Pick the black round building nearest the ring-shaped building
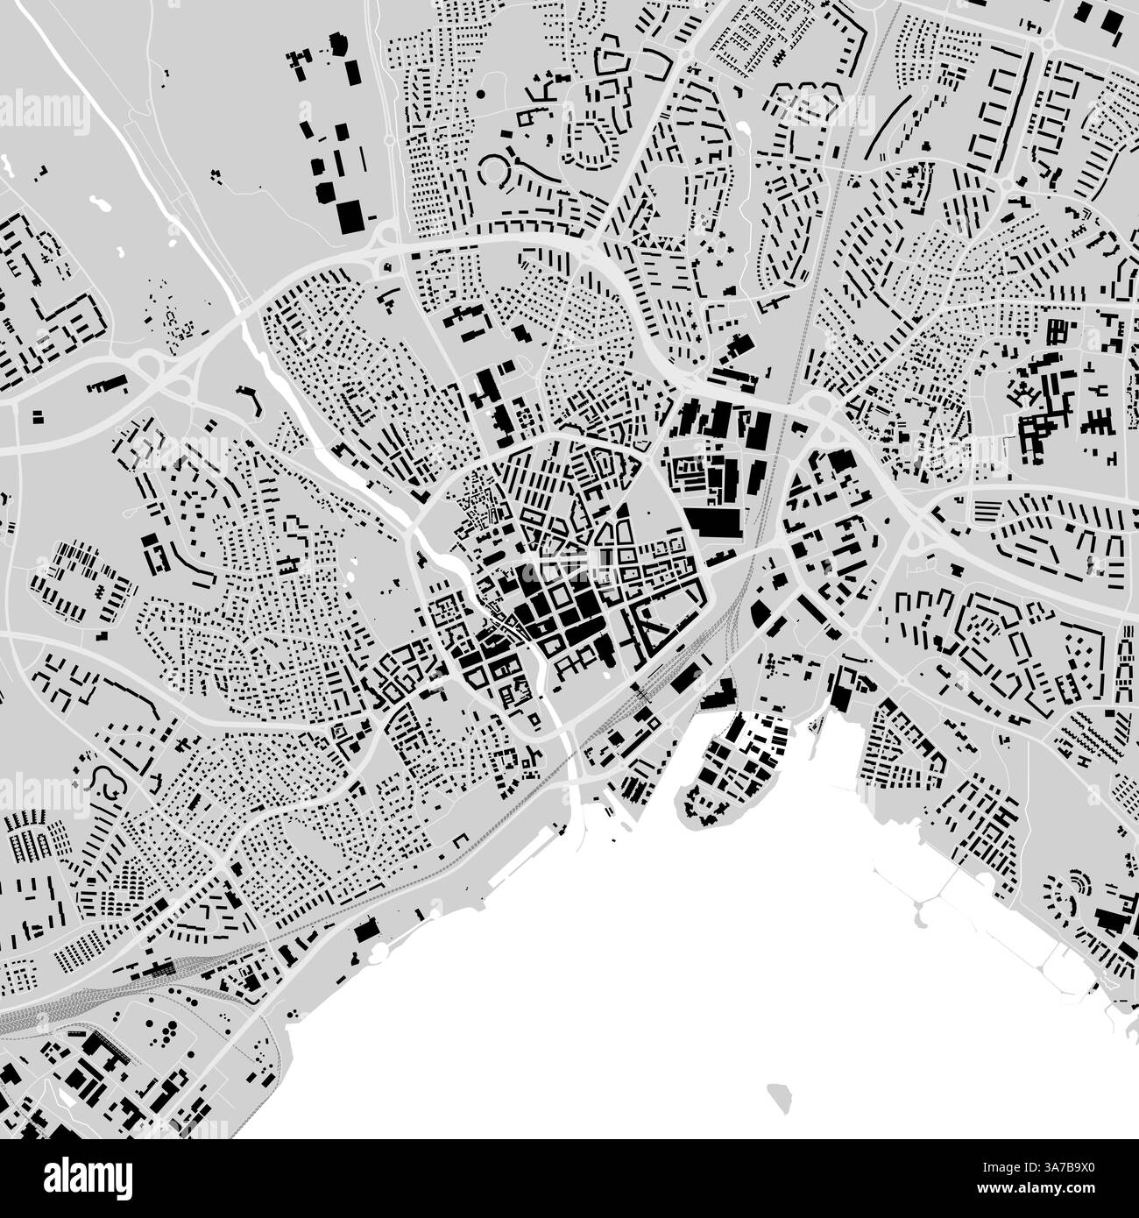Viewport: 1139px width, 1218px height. [480, 92]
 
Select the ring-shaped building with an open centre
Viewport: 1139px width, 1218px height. [496, 168]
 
